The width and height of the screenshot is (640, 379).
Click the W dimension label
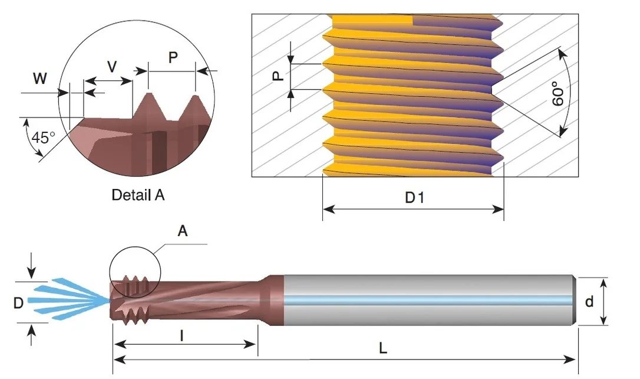click(40, 78)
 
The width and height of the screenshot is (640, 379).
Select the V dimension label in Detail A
click(112, 67)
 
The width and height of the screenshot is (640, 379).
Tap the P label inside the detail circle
click(173, 58)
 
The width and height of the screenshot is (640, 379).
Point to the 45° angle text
click(43, 138)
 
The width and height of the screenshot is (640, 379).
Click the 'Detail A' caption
click(138, 195)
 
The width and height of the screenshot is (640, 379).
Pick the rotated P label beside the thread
click(278, 76)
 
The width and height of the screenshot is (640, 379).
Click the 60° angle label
click(558, 94)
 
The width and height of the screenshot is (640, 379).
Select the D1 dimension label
click(414, 198)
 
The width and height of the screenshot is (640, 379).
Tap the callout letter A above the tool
click(183, 231)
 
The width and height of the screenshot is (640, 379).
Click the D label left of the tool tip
click(18, 303)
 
